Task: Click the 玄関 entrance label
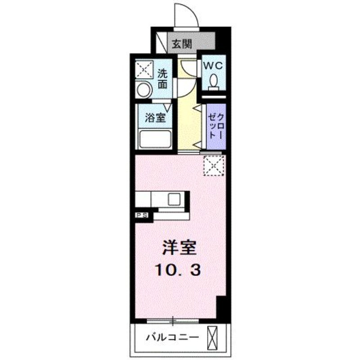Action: click(182, 44)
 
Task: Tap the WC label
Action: click(213, 66)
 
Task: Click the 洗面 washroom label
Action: click(162, 79)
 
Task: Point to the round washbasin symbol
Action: click(144, 90)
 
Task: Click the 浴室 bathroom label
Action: click(155, 118)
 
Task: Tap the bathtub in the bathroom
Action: click(155, 139)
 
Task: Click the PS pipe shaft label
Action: click(142, 215)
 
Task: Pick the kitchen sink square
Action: click(174, 199)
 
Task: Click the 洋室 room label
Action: click(179, 247)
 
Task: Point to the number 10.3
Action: click(178, 270)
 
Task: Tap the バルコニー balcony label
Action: click(173, 337)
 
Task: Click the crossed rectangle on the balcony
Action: click(212, 337)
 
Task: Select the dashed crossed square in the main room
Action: click(214, 166)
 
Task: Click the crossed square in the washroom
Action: click(144, 70)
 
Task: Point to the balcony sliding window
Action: click(173, 321)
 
